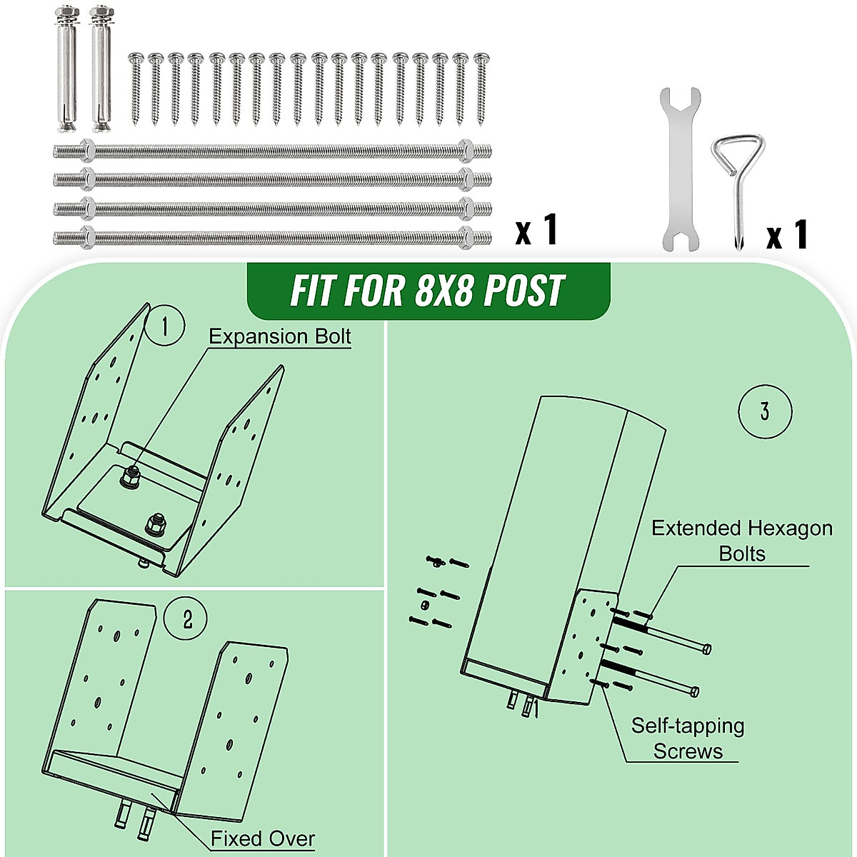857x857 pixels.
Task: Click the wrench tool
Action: pos(676,170)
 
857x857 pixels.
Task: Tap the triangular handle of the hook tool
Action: pos(739,153)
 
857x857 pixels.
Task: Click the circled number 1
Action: pos(165,326)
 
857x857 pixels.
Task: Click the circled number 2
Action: pos(186,619)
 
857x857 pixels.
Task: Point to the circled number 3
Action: pos(765,411)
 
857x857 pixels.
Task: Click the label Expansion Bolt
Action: pos(280,336)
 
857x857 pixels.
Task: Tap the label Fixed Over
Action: pos(262,838)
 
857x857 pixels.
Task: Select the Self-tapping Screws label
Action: pos(687,738)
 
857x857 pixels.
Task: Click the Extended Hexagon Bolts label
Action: pos(741,541)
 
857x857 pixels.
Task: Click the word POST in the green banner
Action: pos(523,291)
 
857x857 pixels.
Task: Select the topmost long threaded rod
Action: pos(271,151)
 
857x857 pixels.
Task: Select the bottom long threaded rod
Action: pos(271,236)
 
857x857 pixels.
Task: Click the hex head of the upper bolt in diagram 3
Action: pos(706,648)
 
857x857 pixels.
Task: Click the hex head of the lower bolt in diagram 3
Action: pos(694,691)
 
